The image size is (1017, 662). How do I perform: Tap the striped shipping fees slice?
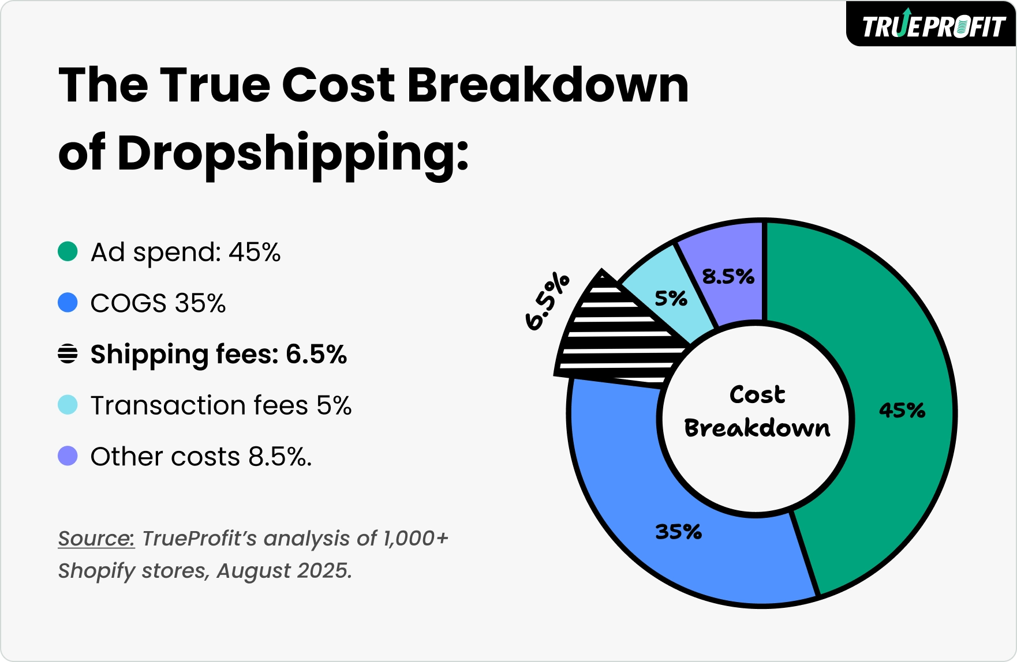coord(618,340)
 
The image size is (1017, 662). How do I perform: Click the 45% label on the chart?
coord(902,410)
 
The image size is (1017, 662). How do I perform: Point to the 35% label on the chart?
coord(678,531)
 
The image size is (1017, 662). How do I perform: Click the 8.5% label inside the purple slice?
coord(728,277)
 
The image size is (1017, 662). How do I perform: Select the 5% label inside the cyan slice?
coord(671,298)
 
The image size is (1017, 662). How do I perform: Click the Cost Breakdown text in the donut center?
coord(757,411)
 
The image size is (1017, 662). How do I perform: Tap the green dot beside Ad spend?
coord(68,252)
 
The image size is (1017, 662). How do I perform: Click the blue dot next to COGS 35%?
coord(68,303)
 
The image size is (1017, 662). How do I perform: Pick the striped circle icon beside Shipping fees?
coord(68,353)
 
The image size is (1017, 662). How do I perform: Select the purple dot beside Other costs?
coord(68,456)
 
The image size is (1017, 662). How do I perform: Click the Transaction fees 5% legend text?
coord(221,405)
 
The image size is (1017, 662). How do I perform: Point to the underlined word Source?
coord(96,538)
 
